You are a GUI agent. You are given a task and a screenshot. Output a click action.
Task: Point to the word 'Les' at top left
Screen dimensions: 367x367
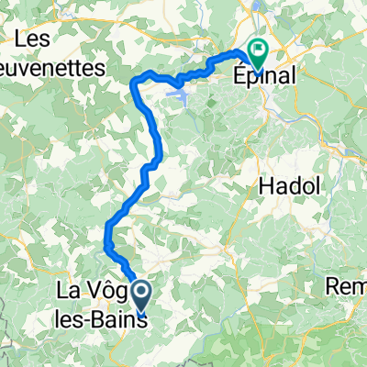tap(33, 39)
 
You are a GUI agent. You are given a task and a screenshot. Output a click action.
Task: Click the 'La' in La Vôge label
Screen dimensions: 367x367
tap(72, 293)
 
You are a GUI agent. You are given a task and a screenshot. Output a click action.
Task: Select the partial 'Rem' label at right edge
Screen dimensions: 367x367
tap(348, 287)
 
